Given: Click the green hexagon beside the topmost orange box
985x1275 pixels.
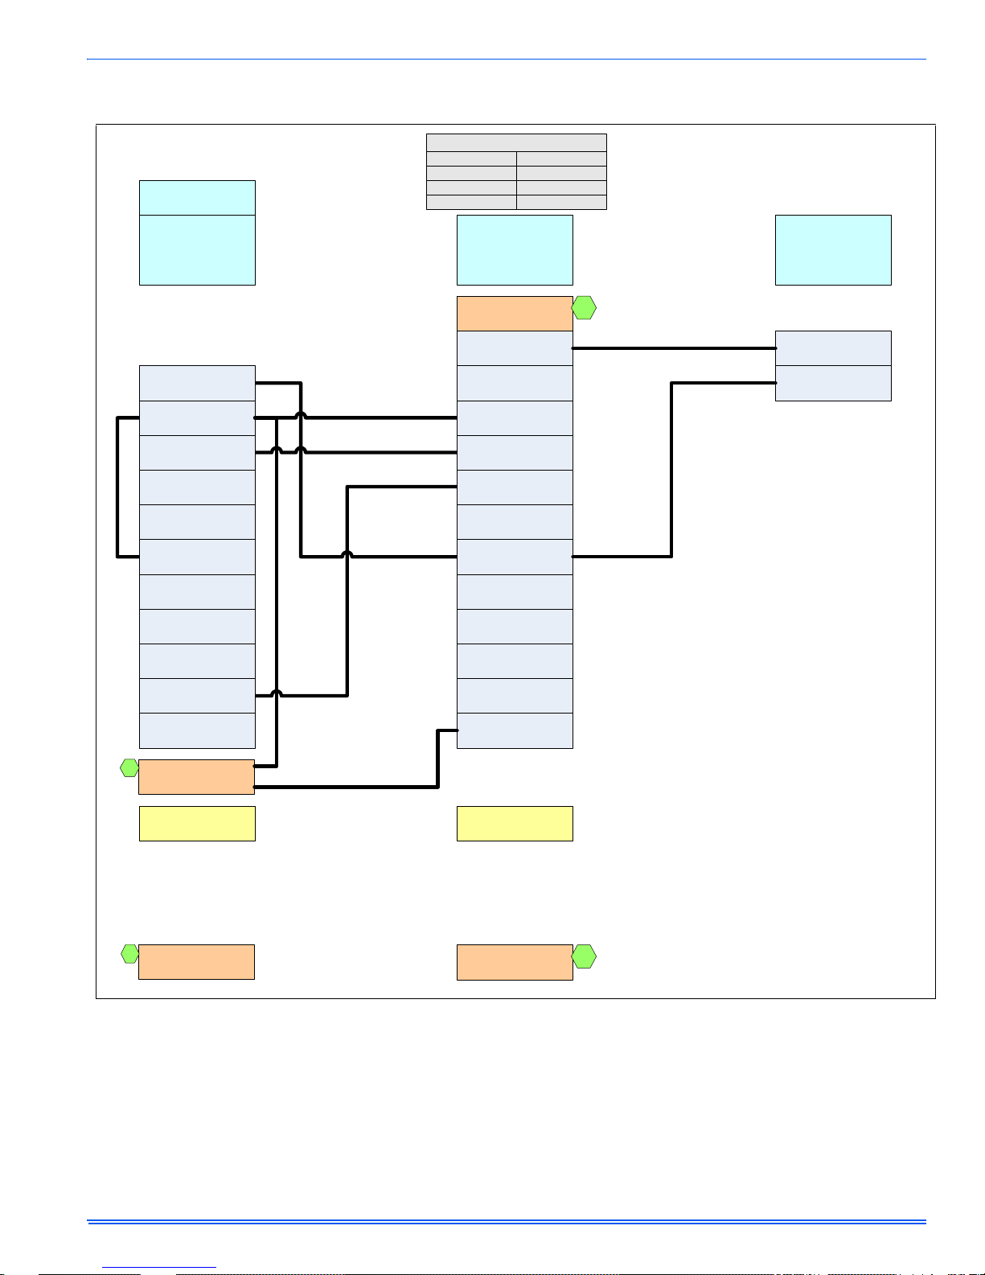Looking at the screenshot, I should coord(584,308).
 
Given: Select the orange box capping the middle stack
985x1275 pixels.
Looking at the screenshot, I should coord(515,314).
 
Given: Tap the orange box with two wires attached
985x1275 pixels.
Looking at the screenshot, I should coord(196,777).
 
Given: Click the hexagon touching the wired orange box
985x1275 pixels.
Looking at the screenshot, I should coord(129,767).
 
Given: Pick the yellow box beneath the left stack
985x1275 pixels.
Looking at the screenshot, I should coord(197,824).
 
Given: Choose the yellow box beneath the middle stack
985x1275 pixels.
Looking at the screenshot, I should coord(515,824).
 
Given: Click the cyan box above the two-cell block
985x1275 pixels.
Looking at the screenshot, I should coord(833,249).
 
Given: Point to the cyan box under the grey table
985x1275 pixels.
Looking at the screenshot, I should coord(515,249).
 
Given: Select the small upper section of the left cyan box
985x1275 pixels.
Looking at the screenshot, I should coord(197,197).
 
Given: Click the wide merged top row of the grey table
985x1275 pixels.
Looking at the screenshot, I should coord(516,142).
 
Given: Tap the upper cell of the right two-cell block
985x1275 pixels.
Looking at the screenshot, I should coord(833,348).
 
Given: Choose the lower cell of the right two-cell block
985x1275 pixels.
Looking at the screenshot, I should coord(833,383).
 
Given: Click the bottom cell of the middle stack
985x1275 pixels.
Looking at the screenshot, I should coord(515,730).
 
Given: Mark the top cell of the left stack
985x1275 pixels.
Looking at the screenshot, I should coord(197,383).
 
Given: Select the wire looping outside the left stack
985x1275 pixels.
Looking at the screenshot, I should coord(118,487).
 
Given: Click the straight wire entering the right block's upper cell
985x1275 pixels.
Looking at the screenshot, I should coord(674,348).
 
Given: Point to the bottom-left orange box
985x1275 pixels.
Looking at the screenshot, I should coord(196,962).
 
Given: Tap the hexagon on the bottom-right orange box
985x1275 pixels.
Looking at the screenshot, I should coord(584,957).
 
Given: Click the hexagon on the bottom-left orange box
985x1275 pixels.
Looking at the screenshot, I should coord(129,955).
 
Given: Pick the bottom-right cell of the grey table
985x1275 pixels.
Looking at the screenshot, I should coord(561,202).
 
